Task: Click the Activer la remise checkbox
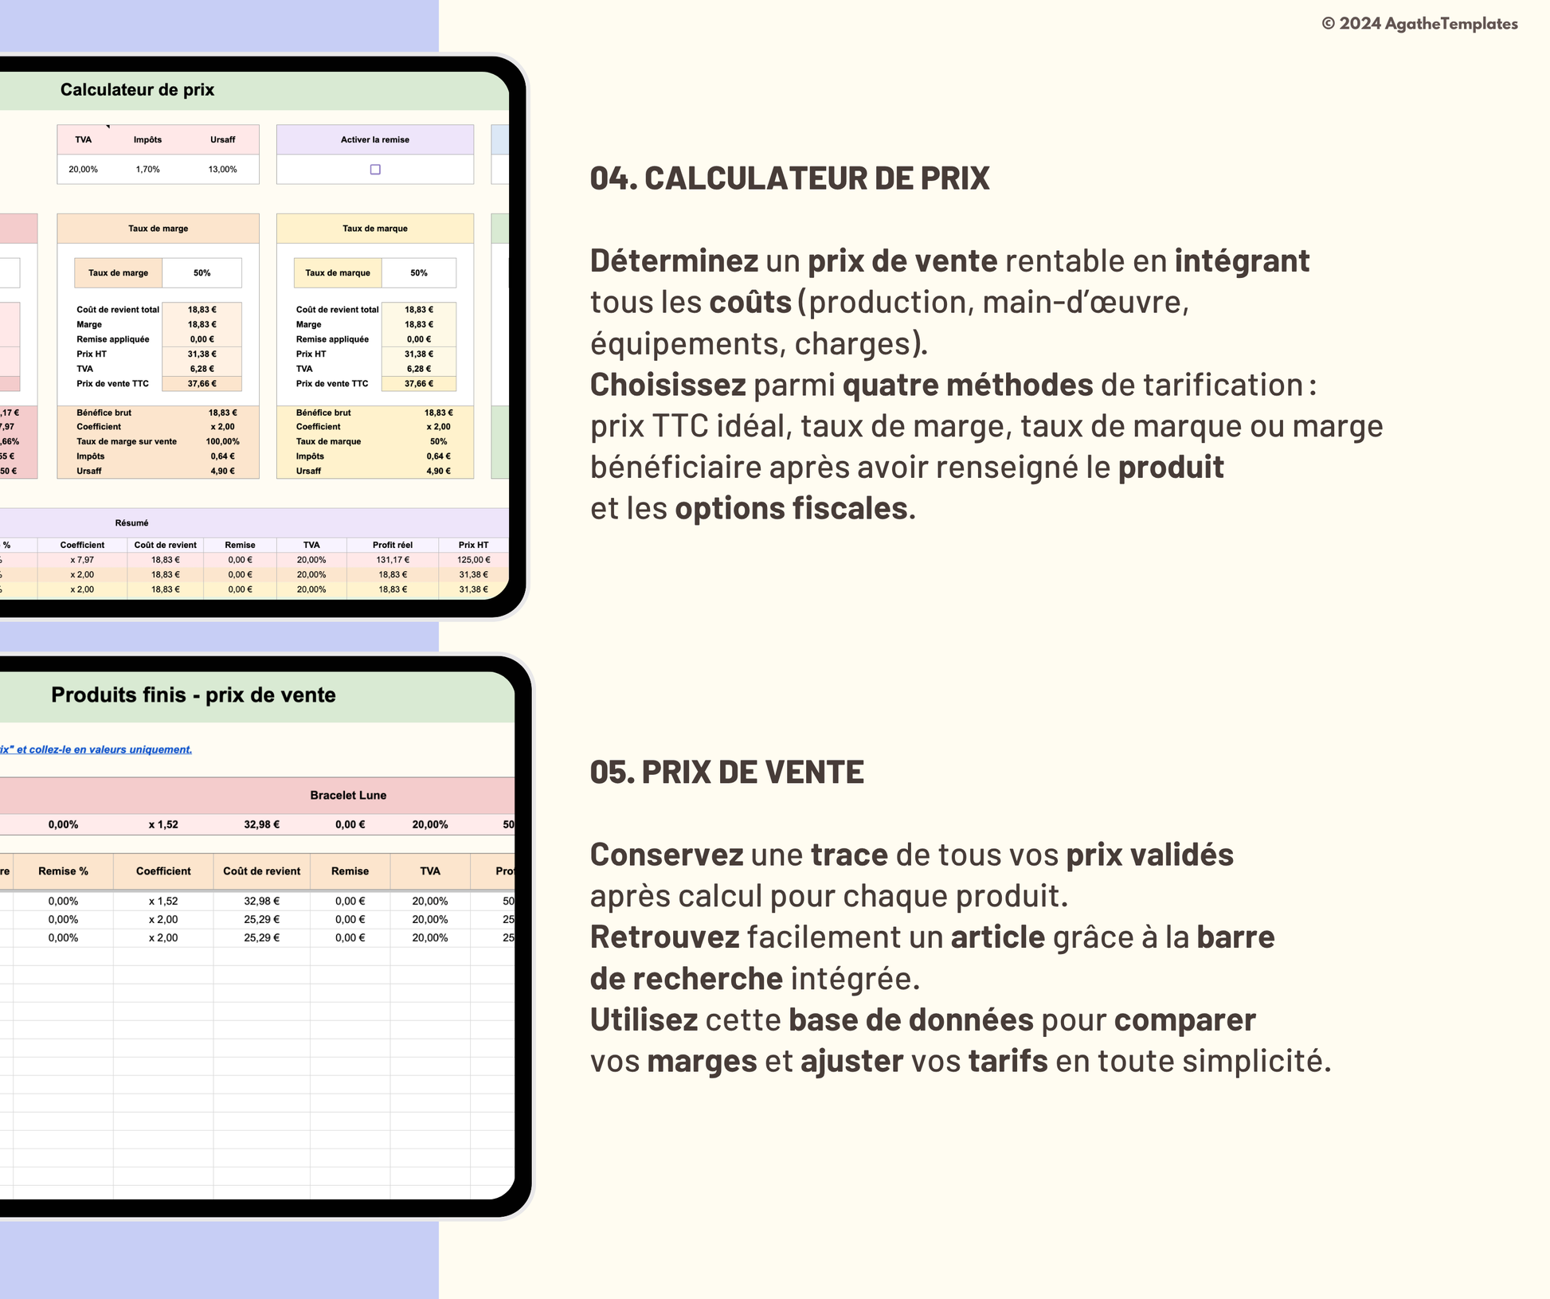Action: (x=375, y=170)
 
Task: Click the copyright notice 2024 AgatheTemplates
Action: (x=1419, y=24)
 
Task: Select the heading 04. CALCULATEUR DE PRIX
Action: (x=789, y=178)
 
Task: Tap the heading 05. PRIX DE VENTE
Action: (x=726, y=772)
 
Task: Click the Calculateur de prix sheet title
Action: (x=137, y=90)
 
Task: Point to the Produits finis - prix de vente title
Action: (x=194, y=695)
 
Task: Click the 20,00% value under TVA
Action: (x=83, y=170)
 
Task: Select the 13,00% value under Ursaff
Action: (x=222, y=170)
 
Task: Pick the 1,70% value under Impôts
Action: (x=147, y=170)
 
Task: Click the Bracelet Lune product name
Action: (x=348, y=795)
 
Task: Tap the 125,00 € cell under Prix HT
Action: (x=473, y=560)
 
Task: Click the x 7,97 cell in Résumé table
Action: (x=82, y=560)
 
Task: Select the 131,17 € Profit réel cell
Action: (x=393, y=560)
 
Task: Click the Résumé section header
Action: (x=131, y=523)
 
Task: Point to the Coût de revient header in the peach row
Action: (x=261, y=871)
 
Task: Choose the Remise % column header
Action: (x=63, y=871)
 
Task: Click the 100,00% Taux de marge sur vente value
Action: (x=222, y=441)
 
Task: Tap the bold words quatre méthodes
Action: (x=967, y=385)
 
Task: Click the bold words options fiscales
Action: (x=791, y=509)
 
